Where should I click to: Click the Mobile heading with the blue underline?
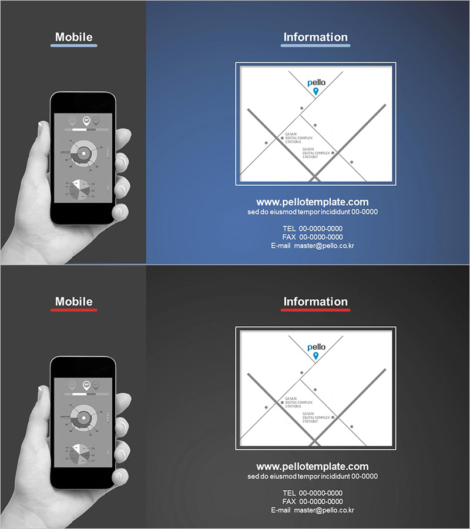pyautogui.click(x=73, y=37)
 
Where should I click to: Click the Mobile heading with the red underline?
pyautogui.click(x=73, y=302)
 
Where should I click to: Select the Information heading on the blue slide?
pyautogui.click(x=315, y=37)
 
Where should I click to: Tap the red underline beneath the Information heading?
pyautogui.click(x=315, y=310)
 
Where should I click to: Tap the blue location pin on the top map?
pyautogui.click(x=315, y=91)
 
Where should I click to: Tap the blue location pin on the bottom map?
pyautogui.click(x=315, y=356)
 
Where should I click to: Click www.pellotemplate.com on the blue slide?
pyautogui.click(x=313, y=202)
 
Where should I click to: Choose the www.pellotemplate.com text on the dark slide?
pyautogui.click(x=313, y=466)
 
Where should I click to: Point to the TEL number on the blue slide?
pyautogui.click(x=320, y=228)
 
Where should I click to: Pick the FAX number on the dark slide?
pyautogui.click(x=320, y=501)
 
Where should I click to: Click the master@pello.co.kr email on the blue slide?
pyautogui.click(x=324, y=246)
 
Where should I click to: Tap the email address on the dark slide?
pyautogui.click(x=324, y=510)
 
